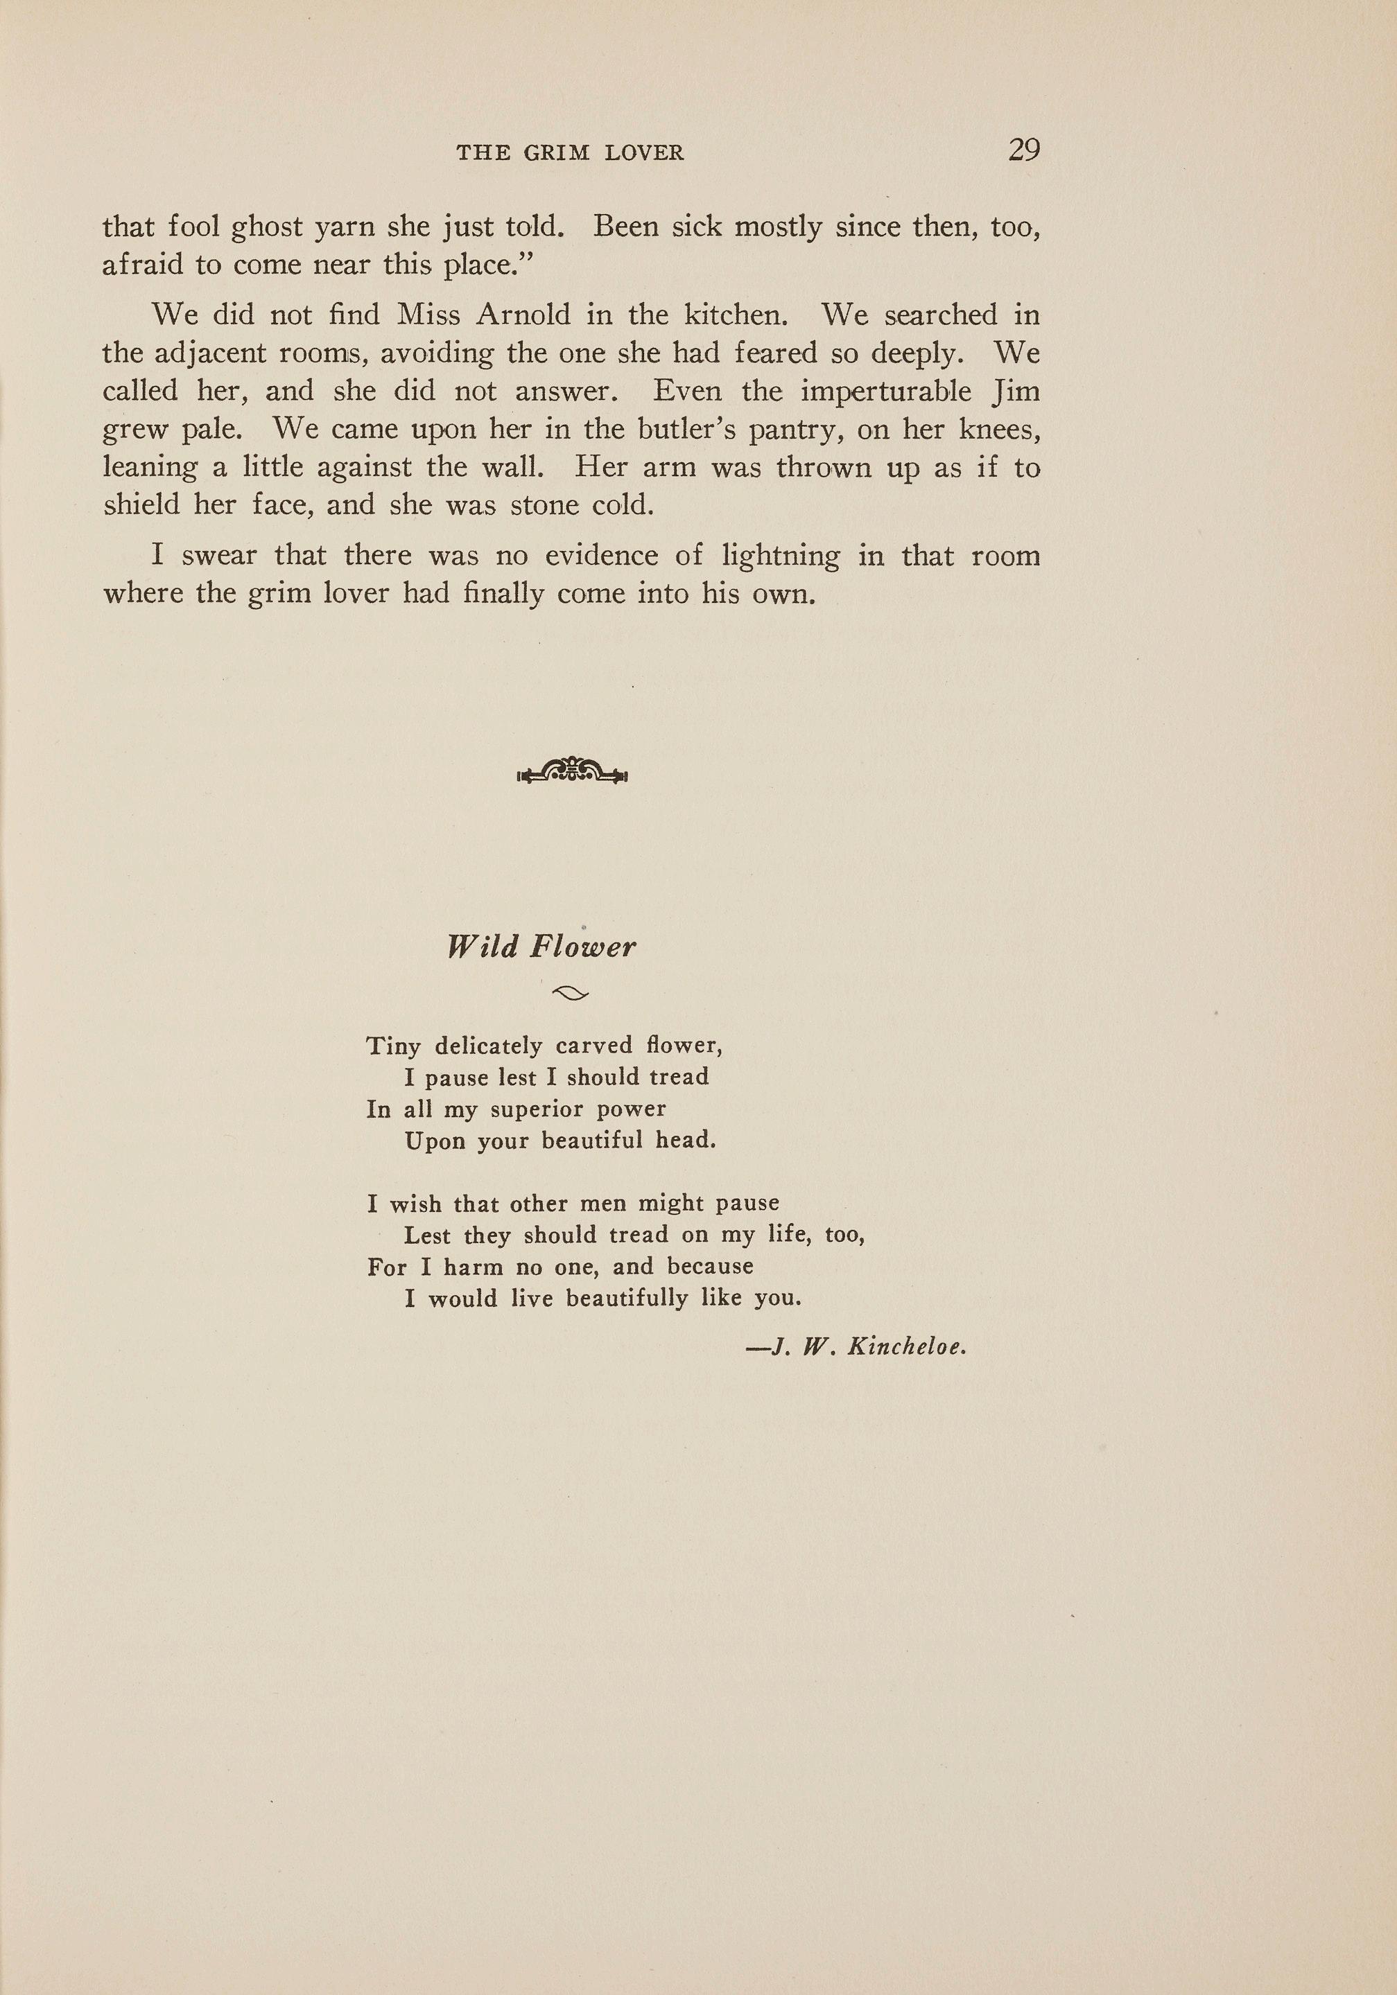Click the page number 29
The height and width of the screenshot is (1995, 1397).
tap(1023, 150)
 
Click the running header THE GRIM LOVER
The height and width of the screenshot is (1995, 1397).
tap(571, 154)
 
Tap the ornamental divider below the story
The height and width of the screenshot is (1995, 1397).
tap(572, 771)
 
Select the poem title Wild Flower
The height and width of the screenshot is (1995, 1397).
tap(541, 947)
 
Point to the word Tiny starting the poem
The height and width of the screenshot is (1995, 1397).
tap(394, 1046)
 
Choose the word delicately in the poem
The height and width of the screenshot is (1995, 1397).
tap(489, 1046)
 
